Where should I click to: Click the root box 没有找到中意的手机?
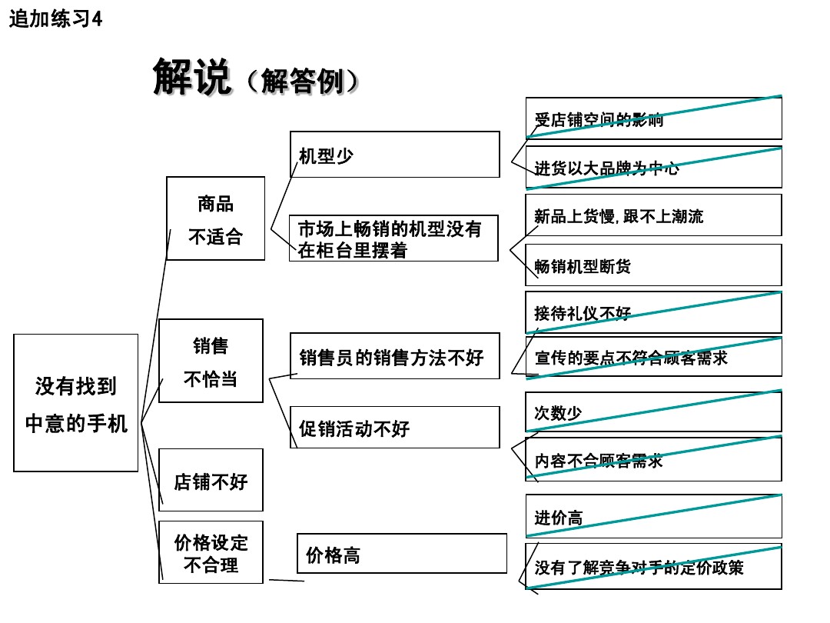click(75, 403)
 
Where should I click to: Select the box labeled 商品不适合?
click(215, 219)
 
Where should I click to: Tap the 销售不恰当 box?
click(210, 361)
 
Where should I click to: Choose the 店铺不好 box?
click(210, 481)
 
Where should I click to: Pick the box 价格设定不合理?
click(210, 552)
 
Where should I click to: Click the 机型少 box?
click(394, 155)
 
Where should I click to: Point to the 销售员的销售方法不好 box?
click(394, 357)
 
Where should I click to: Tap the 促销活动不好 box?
click(394, 428)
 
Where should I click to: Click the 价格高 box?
click(401, 554)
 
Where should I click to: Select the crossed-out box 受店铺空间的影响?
click(653, 118)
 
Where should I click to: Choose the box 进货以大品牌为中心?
click(653, 168)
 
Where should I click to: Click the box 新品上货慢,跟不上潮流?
click(653, 215)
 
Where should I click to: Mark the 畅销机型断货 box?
click(653, 265)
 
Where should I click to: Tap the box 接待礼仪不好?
click(653, 312)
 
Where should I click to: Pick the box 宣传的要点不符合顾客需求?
click(653, 357)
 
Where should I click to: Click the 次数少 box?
click(653, 412)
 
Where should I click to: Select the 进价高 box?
click(653, 517)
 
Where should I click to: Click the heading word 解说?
click(192, 77)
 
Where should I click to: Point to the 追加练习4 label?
click(55, 19)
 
